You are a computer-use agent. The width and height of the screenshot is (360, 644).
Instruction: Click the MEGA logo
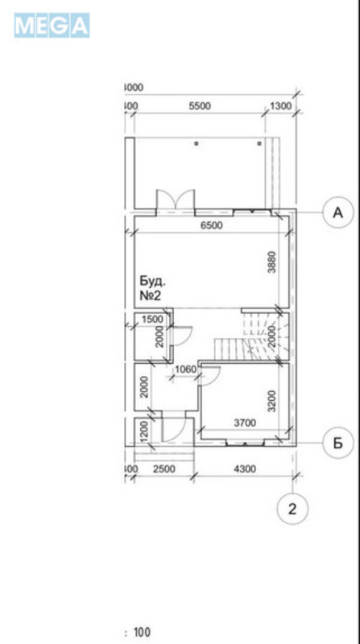pyautogui.click(x=52, y=26)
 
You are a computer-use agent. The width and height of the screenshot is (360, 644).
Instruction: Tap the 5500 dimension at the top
pyautogui.click(x=199, y=106)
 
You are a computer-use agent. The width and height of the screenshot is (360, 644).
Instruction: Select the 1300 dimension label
pyautogui.click(x=281, y=106)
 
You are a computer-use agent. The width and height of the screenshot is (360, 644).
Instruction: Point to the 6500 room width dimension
pyautogui.click(x=211, y=226)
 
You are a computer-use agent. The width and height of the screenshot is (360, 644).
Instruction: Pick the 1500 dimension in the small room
pyautogui.click(x=152, y=320)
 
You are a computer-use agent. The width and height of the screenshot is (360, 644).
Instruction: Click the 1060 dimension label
pyautogui.click(x=185, y=370)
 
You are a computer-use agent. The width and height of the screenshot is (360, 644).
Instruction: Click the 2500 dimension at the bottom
pyautogui.click(x=163, y=469)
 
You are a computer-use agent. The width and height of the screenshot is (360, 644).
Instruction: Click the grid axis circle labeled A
pyautogui.click(x=338, y=213)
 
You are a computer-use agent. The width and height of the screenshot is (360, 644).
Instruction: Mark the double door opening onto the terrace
pyautogui.click(x=175, y=200)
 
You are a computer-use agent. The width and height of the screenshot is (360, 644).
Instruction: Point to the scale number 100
pyautogui.click(x=143, y=633)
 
